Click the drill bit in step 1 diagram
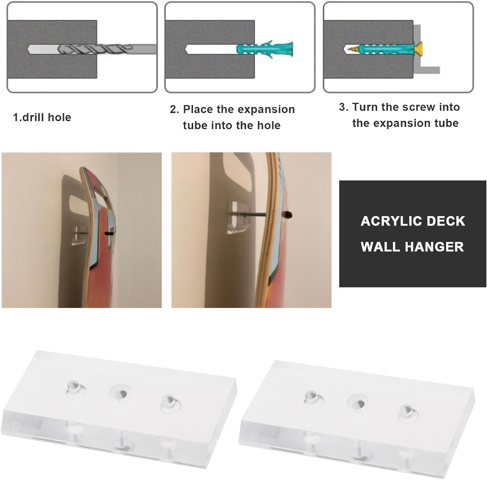[x=97, y=50]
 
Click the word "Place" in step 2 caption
[x=198, y=109]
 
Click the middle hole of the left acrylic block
[x=119, y=393]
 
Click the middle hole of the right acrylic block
[x=357, y=403]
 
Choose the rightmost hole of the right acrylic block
[x=408, y=412]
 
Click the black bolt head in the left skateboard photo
[x=109, y=234]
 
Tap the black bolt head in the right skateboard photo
[x=287, y=214]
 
